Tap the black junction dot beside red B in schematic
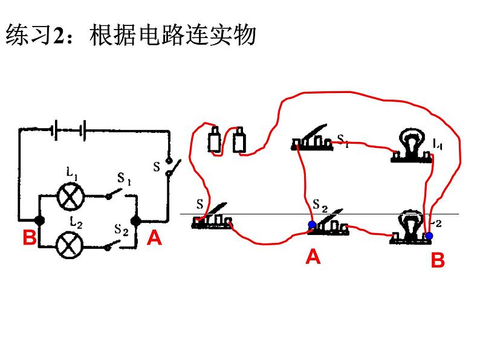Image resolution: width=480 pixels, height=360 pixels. coord(40,220)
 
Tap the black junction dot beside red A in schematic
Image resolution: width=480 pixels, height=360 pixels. coord(136,220)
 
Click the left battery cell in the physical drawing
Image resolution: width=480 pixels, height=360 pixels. coord(215,140)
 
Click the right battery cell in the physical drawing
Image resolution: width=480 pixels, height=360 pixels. coord(239,140)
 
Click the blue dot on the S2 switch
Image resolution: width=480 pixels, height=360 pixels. coord(311,225)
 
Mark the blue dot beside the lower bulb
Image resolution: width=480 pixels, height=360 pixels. coord(429,234)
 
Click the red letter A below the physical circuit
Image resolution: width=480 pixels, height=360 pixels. coord(313,257)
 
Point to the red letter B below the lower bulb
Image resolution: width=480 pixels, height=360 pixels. coord(438,260)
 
